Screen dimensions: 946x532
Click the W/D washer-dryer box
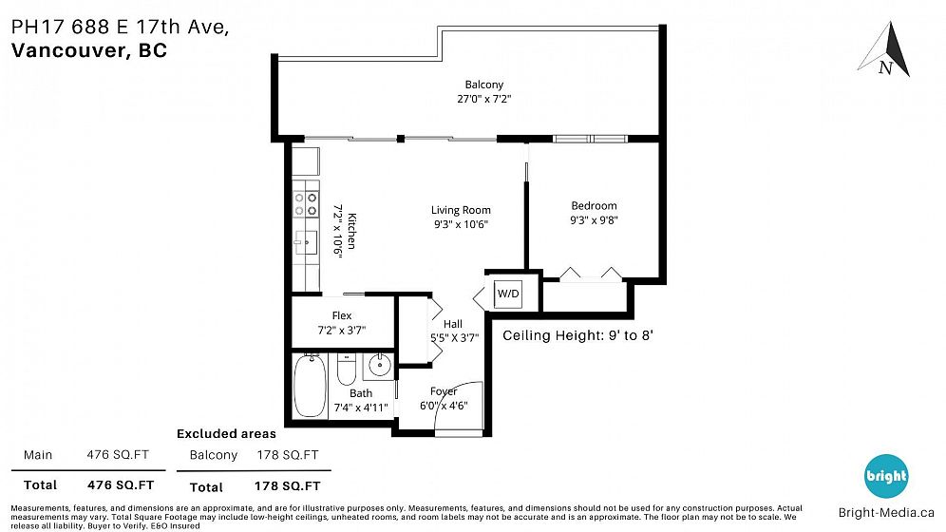508,294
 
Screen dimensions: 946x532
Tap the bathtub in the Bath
310,386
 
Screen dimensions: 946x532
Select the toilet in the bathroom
347,370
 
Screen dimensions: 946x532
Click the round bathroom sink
380,365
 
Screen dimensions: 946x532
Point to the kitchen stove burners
306,204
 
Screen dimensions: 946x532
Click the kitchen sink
306,242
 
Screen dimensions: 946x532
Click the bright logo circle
886,476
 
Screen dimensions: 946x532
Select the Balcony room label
483,85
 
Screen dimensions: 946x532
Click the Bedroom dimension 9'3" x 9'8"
595,220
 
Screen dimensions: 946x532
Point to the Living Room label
461,210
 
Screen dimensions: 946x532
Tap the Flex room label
342,315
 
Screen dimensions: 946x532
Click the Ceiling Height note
578,335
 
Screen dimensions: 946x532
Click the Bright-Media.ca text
886,513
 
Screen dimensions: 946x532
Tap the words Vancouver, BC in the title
89,50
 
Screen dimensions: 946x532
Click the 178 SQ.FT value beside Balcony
288,455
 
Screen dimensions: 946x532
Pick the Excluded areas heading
226,434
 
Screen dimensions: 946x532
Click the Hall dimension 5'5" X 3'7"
454,338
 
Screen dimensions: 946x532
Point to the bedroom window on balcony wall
591,140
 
